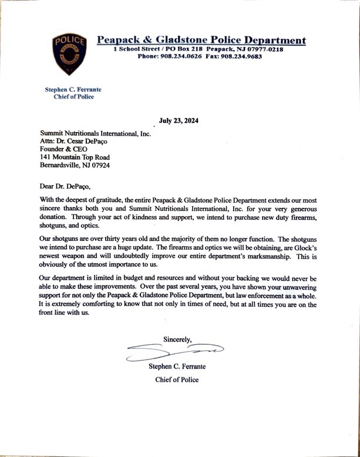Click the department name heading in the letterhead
click(201, 40)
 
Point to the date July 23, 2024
click(179, 122)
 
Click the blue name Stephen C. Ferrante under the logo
click(73, 89)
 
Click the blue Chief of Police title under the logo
click(73, 97)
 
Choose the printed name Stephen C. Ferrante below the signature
click(177, 367)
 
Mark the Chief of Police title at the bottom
click(177, 379)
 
